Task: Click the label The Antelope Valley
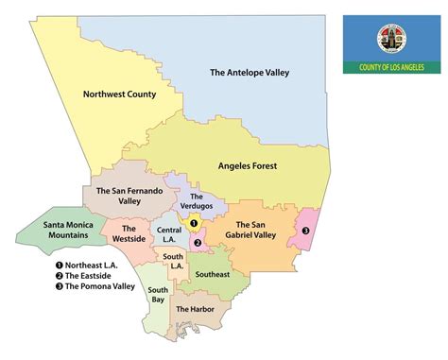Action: [249, 73]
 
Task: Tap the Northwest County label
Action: [119, 94]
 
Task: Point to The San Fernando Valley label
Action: [130, 195]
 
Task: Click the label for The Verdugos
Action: [189, 201]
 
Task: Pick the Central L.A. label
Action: [169, 233]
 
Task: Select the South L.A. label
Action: [172, 263]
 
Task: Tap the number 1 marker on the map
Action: [194, 224]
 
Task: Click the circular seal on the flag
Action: [389, 39]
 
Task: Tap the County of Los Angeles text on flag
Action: [389, 68]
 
